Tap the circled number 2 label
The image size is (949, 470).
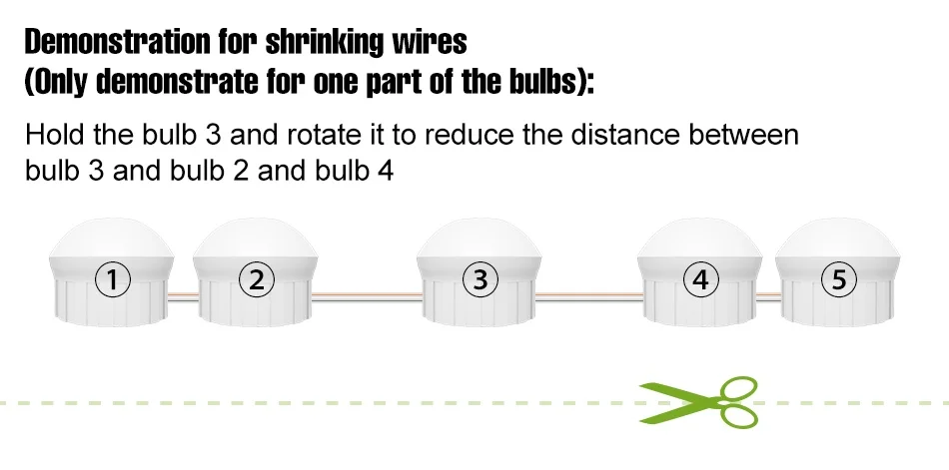click(258, 280)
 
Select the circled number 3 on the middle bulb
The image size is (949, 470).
click(480, 280)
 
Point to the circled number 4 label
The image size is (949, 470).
click(701, 280)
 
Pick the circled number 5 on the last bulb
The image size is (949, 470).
click(838, 280)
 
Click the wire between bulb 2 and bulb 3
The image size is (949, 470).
click(366, 294)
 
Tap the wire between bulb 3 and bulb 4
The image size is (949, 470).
click(586, 294)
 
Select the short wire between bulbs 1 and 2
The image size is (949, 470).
click(184, 294)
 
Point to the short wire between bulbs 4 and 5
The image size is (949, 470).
click(767, 294)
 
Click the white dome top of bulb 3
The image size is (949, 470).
click(479, 239)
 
